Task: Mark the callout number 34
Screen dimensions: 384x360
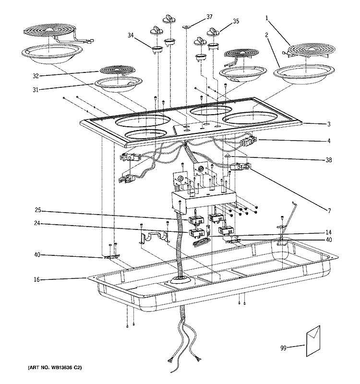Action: coord(131,35)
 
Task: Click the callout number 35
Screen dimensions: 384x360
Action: coord(236,21)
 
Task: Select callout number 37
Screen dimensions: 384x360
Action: coord(209,17)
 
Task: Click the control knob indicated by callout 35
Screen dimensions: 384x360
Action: coord(213,32)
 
